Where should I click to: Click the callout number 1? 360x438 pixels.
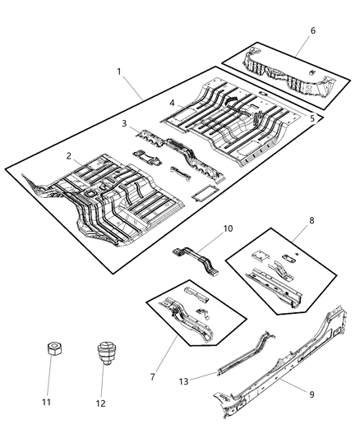coord(119,72)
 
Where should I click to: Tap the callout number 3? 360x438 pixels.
coord(123,123)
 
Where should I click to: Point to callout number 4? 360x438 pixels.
coord(172,104)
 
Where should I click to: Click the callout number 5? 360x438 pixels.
coord(313,118)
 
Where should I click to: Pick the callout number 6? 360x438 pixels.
coord(312,30)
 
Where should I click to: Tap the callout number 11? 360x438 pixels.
coord(46,403)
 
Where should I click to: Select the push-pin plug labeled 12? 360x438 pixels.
coord(104,353)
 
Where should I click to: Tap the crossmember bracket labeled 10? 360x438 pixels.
coord(196,259)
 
